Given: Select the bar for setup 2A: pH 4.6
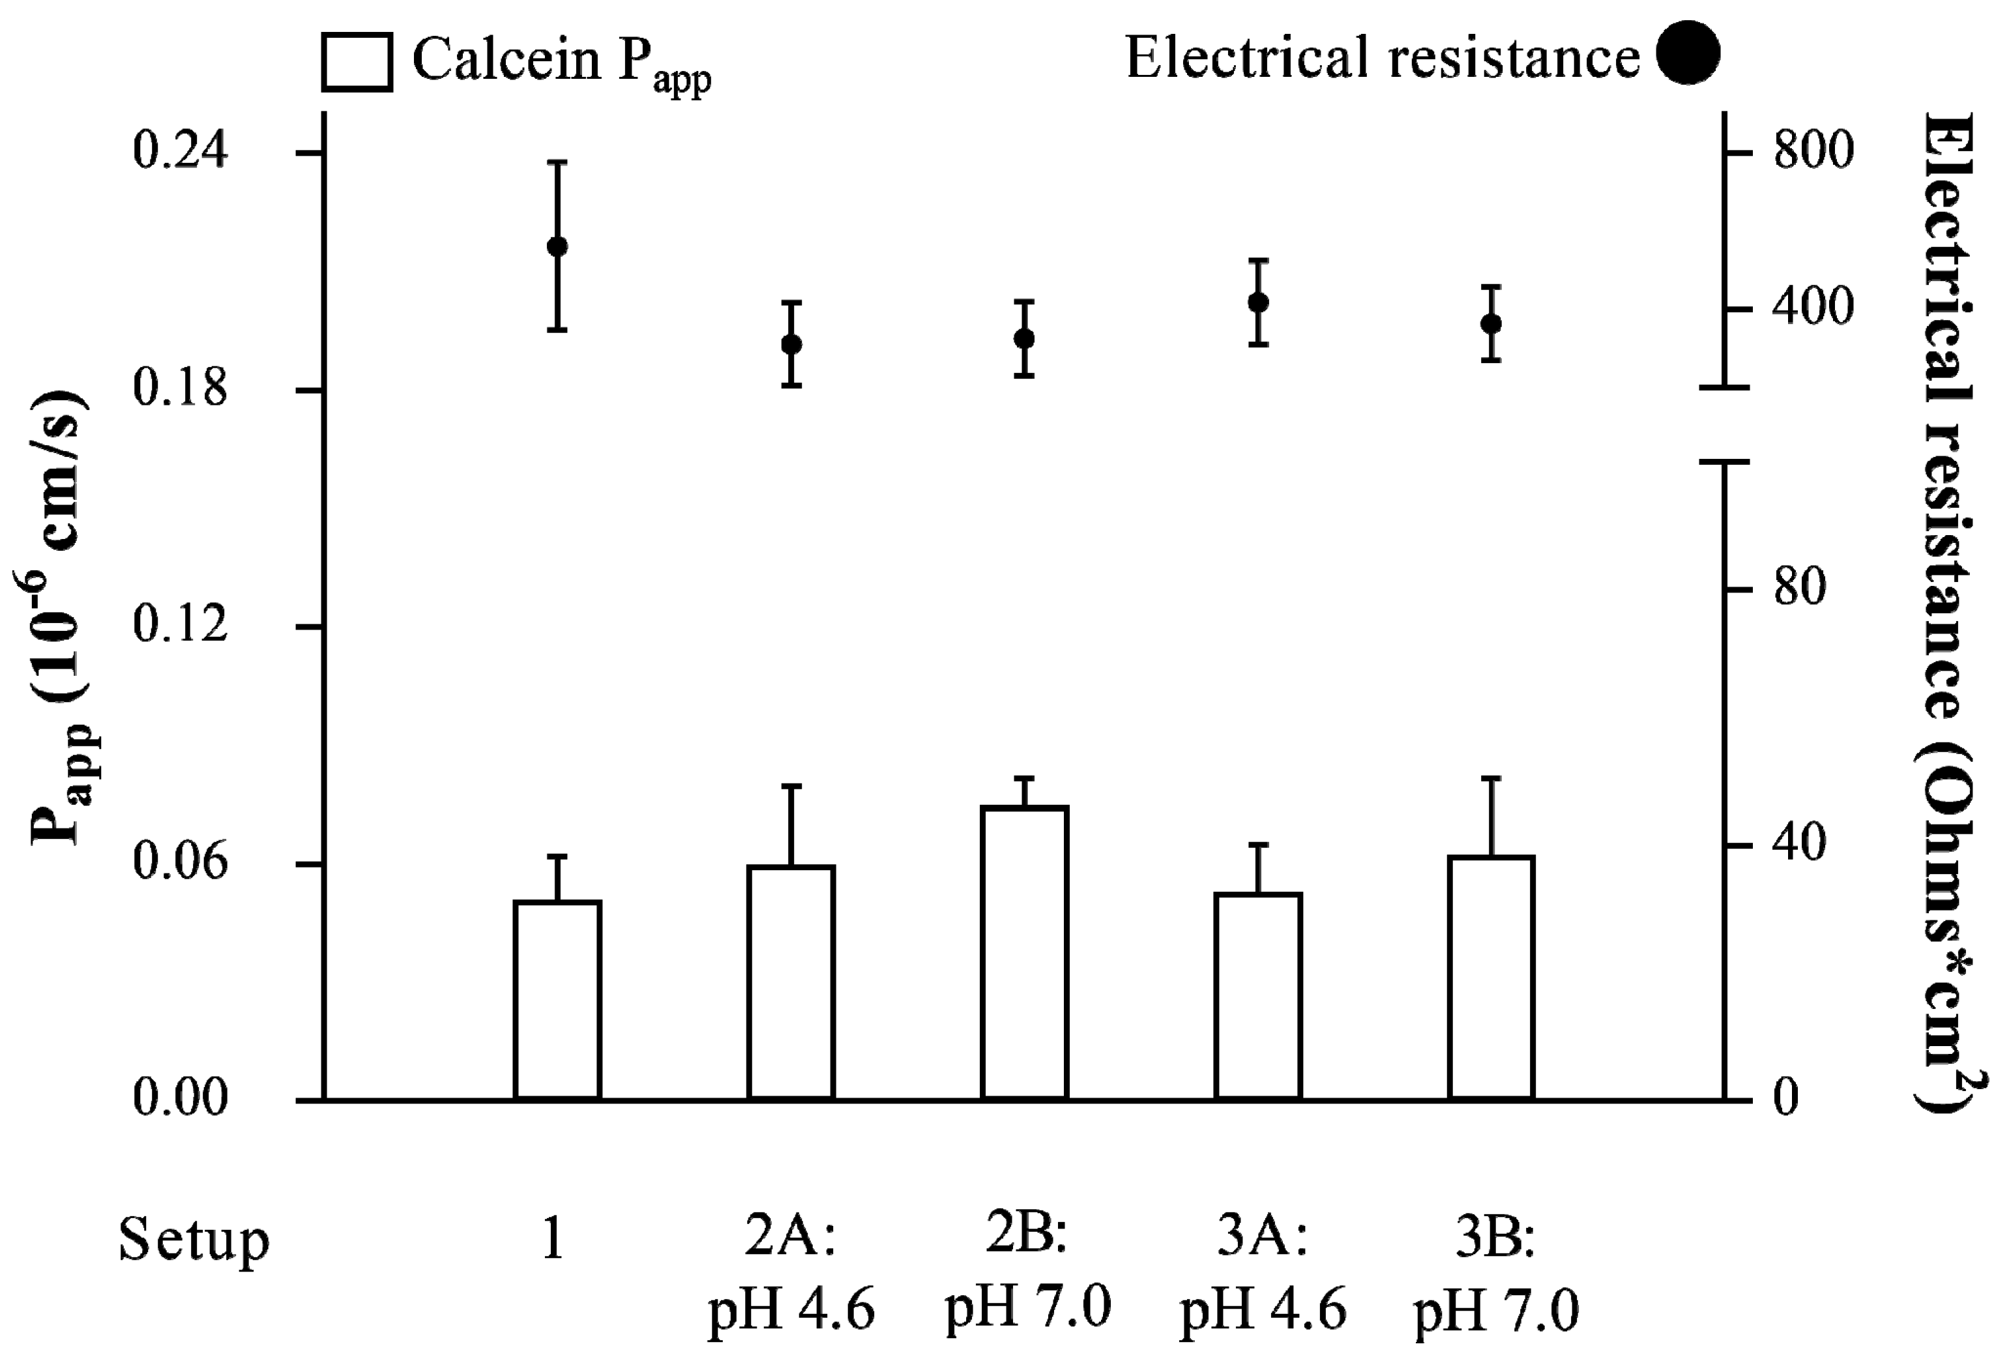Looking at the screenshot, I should point(791,982).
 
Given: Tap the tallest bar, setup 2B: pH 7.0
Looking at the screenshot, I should point(1025,952).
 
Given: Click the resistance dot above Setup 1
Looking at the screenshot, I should point(557,246).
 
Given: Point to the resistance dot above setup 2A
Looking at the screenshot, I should point(791,344).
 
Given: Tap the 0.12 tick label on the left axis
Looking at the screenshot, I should point(180,625).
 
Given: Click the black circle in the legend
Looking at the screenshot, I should point(1688,53).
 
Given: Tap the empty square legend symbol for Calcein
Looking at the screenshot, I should point(357,61).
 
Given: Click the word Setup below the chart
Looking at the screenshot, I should point(194,1240).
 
